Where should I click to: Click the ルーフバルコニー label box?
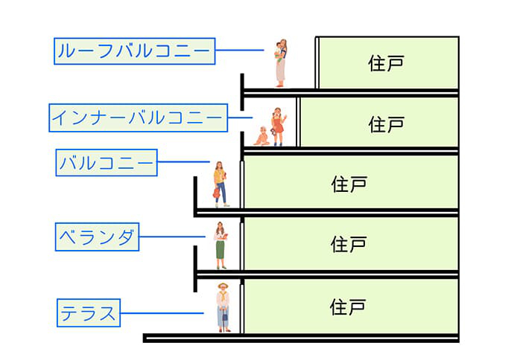pyautogui.click(x=135, y=51)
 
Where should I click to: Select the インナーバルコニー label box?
pyautogui.click(x=137, y=118)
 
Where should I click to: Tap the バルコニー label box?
pyautogui.click(x=107, y=162)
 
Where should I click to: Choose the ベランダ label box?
pyautogui.click(x=97, y=238)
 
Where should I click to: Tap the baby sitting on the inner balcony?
pyautogui.click(x=262, y=136)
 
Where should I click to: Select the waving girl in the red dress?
pyautogui.click(x=278, y=126)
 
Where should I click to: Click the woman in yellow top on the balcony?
pyautogui.click(x=220, y=184)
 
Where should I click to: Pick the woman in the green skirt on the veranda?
pyautogui.click(x=220, y=245)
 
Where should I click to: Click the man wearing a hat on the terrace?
pyautogui.click(x=223, y=307)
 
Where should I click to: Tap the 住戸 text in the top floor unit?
pyautogui.click(x=385, y=63)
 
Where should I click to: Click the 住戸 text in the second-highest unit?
pyautogui.click(x=385, y=123)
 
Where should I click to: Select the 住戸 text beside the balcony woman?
pyautogui.click(x=349, y=183)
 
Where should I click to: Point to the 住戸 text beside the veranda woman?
pyautogui.click(x=349, y=244)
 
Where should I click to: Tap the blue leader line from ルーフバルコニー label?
pyautogui.click(x=240, y=51)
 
